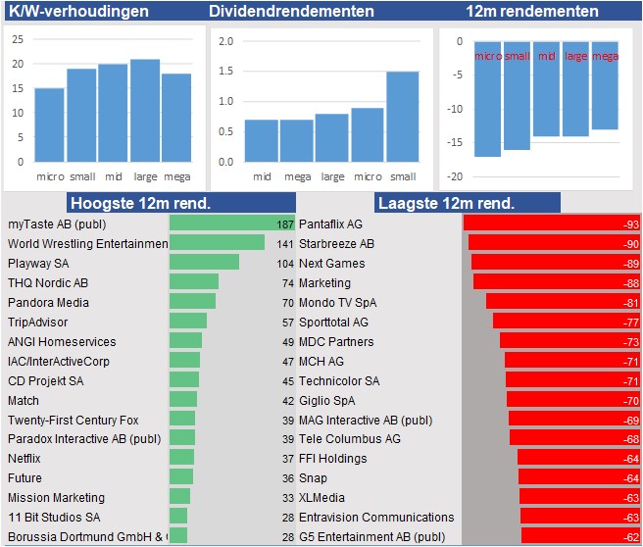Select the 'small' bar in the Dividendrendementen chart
pyautogui.click(x=402, y=117)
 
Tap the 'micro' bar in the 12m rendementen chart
pyautogui.click(x=487, y=99)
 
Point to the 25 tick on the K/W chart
pyautogui.click(x=18, y=40)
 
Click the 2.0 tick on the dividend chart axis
pyautogui.click(x=226, y=41)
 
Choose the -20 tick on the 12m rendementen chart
pyautogui.click(x=454, y=176)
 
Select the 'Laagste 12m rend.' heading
pyautogui.click(x=445, y=203)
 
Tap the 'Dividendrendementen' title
pyautogui.click(x=291, y=12)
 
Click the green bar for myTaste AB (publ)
pyautogui.click(x=231, y=224)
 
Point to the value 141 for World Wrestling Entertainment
pyautogui.click(x=285, y=243)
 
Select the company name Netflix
pyautogui.click(x=25, y=459)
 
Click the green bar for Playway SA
pyautogui.click(x=204, y=263)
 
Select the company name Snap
pyautogui.click(x=313, y=478)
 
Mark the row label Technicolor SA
pyautogui.click(x=338, y=380)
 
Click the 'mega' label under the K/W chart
pyautogui.click(x=176, y=176)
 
